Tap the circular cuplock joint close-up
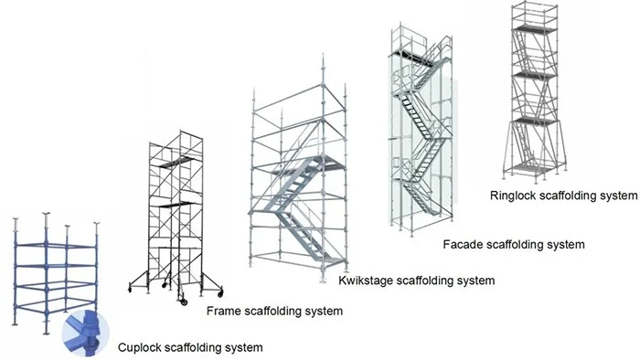(86, 334)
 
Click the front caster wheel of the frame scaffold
(183, 302)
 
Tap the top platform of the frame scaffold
(176, 162)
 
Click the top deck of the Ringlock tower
(535, 29)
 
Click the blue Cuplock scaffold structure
(56, 272)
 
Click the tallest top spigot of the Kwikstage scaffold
(324, 70)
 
